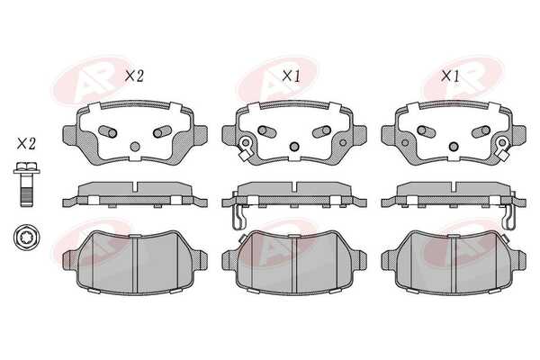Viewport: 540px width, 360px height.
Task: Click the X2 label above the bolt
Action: click(26, 144)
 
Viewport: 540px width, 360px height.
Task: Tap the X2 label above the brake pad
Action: click(134, 76)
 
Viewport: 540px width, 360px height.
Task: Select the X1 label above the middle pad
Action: click(292, 76)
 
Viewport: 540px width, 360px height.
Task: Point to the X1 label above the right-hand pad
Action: click(451, 76)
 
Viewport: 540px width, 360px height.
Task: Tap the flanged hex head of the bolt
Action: click(26, 168)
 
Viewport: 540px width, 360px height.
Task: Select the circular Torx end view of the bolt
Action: click(26, 238)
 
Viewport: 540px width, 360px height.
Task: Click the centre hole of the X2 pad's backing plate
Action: click(135, 147)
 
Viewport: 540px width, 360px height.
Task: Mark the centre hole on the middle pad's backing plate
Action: click(294, 147)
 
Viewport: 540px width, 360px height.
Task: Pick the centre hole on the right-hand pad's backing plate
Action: click(454, 147)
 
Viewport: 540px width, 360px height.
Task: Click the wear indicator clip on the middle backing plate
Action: click(246, 148)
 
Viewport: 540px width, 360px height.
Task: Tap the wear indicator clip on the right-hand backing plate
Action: click(502, 148)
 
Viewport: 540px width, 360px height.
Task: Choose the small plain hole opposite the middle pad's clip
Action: click(343, 142)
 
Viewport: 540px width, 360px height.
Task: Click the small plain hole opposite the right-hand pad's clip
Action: click(405, 142)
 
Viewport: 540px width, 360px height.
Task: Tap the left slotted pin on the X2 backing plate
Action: click(108, 131)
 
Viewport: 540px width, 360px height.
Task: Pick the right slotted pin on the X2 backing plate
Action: click(162, 131)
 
